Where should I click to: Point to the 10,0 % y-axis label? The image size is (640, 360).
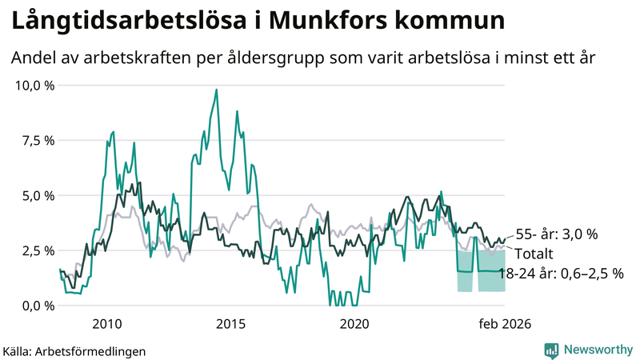point(34,85)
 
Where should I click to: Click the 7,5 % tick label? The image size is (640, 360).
point(37,140)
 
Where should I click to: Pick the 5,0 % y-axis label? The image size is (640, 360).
point(37,195)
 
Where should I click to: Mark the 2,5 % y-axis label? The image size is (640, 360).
point(37,250)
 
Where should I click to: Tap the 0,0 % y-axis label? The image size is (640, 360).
point(37,306)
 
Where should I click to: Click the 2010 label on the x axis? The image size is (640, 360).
point(106,324)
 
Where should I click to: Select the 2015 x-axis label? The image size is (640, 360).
point(230,324)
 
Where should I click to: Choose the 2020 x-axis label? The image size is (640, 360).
point(354,324)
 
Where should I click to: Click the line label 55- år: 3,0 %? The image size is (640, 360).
point(557,234)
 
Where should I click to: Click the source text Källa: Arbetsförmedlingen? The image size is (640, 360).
point(75,350)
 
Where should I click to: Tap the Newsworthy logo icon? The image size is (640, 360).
point(551,350)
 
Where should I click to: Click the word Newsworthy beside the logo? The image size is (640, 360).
point(597,350)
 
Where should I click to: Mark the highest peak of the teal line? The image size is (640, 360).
point(216,90)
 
